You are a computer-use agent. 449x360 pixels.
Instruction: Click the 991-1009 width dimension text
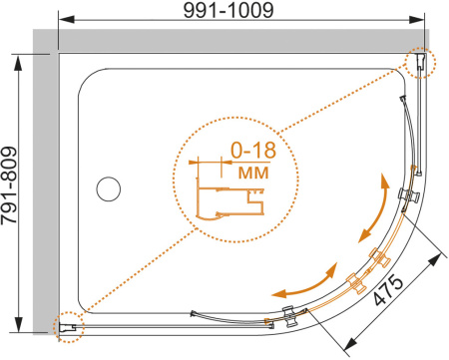pyautogui.click(x=228, y=10)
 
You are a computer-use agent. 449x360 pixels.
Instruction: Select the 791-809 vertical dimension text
pyautogui.click(x=9, y=185)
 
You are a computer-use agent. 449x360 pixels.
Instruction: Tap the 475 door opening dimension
pyautogui.click(x=388, y=290)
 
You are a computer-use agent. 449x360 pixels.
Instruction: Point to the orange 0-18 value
pyautogui.click(x=253, y=150)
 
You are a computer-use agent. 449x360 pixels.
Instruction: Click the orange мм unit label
pyautogui.click(x=253, y=173)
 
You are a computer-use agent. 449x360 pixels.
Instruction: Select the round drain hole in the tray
pyautogui.click(x=109, y=188)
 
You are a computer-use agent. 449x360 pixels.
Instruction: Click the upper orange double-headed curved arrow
pyautogui.click(x=374, y=208)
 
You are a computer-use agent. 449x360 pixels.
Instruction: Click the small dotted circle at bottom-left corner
pyautogui.click(x=70, y=327)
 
